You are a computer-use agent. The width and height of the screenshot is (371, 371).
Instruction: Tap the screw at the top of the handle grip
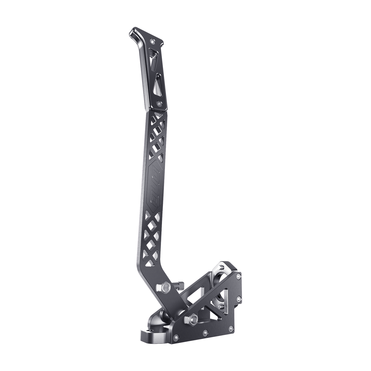coord(153,42)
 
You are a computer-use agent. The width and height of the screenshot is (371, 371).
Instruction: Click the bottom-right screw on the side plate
coord(232,327)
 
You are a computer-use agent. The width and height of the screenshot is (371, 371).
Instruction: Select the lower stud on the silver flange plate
coord(220,307)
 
